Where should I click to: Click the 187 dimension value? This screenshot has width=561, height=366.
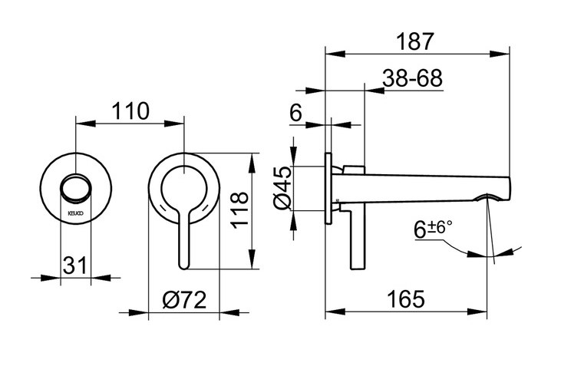point(415,41)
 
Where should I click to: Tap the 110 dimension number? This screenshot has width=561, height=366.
point(130,111)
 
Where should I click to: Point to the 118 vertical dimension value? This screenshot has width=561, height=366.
point(239,210)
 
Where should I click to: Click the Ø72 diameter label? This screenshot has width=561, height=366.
point(184,300)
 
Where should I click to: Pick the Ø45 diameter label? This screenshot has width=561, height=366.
point(283,188)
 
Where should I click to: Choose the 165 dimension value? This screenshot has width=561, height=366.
point(406,298)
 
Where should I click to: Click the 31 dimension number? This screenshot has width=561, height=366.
point(75,265)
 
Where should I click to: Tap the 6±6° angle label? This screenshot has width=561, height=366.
point(433,229)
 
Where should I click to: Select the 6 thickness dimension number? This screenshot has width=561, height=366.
point(295,113)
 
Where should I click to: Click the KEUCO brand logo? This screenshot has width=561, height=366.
point(75,213)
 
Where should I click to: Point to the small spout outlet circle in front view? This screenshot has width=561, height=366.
point(76,187)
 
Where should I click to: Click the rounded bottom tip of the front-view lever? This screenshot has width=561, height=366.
point(183,266)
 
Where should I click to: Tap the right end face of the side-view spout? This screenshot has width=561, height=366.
point(509,187)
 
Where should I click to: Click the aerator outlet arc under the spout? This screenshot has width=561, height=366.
point(487,196)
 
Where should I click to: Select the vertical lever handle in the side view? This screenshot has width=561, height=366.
point(358,239)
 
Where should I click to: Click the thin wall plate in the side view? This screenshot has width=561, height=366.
point(328,189)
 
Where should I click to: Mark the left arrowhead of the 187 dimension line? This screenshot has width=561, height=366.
point(335,54)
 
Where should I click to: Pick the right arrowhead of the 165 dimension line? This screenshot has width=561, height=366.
point(477,312)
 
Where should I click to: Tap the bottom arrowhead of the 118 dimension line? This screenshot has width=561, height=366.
point(253,259)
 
